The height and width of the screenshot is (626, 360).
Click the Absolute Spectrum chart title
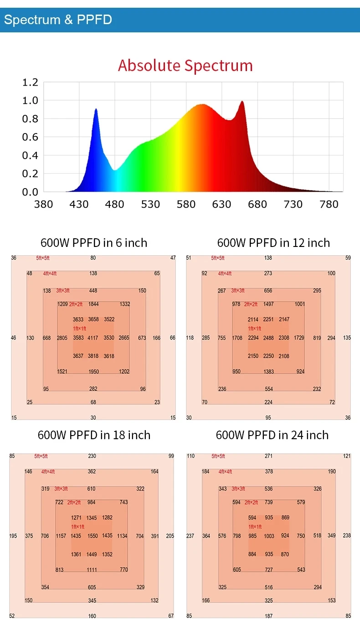(185, 66)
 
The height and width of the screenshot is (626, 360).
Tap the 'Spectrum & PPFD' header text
(58, 20)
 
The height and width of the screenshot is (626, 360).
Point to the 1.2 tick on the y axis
(30, 82)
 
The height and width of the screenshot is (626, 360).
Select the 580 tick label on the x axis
(186, 204)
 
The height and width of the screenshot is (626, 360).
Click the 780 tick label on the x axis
(329, 204)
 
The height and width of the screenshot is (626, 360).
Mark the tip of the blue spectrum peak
(96, 109)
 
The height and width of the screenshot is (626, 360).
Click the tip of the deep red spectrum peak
(242, 102)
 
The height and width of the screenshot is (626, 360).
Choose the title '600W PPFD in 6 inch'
(94, 243)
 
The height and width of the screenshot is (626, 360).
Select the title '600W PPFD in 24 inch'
(272, 435)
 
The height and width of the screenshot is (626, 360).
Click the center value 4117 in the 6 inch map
(93, 338)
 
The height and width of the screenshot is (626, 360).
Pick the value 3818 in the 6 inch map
(93, 356)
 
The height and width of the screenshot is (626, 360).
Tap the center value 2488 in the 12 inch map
(268, 338)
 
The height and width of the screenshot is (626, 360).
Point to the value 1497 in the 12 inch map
(268, 304)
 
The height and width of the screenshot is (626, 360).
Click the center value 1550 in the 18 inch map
(93, 536)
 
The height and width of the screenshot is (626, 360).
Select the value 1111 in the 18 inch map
(92, 570)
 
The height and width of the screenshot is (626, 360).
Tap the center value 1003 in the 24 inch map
(269, 536)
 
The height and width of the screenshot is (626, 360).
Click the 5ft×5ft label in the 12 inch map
(218, 258)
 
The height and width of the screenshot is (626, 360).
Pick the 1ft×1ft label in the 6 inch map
(80, 328)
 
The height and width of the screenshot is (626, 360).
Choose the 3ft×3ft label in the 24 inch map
(238, 489)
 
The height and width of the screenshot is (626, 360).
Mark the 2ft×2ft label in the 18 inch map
(74, 503)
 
